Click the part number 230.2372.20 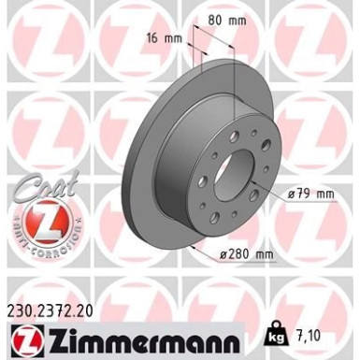click(55, 298)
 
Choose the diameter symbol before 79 click(293, 194)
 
